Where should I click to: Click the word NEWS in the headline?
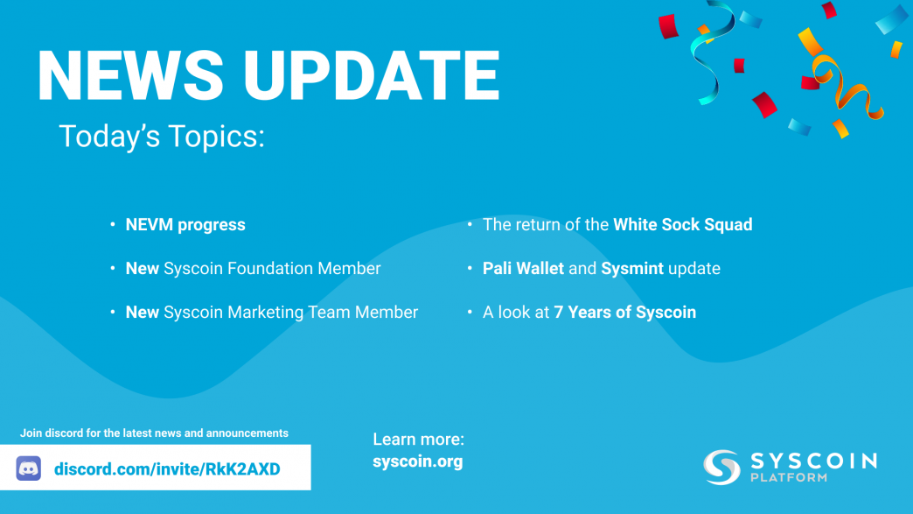[130, 76]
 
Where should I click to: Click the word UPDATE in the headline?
[372, 76]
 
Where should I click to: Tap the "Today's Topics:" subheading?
[162, 137]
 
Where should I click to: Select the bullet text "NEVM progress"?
[185, 225]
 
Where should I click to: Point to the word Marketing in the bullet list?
[266, 313]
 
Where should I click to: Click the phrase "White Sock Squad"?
[682, 225]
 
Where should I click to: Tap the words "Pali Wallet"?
[523, 269]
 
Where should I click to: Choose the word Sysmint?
[631, 269]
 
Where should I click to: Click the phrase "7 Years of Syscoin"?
[624, 313]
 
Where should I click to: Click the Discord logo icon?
[29, 468]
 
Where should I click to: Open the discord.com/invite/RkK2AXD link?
[167, 469]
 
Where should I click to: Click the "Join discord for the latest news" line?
[154, 433]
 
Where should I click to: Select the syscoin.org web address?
[417, 461]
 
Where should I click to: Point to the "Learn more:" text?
[419, 440]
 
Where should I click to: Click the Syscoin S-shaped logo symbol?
[722, 467]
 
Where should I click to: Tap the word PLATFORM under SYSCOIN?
[789, 478]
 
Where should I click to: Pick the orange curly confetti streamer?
[847, 88]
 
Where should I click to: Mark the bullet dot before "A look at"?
[470, 313]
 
